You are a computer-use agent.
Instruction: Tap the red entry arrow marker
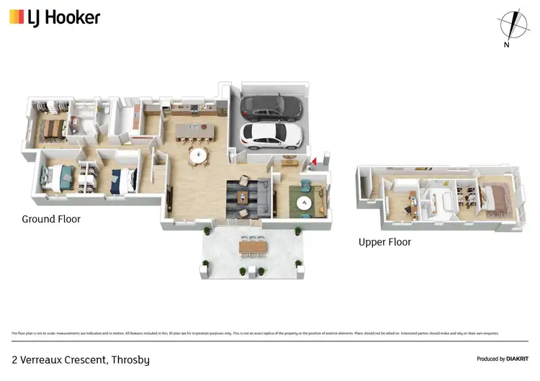tap(313, 161)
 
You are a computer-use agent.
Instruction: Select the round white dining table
tap(198, 154)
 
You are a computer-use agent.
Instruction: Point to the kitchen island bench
tap(192, 130)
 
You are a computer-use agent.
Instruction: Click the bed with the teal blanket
tap(58, 176)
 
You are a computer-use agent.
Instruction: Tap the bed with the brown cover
tap(53, 128)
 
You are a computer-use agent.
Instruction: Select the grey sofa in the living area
tap(264, 193)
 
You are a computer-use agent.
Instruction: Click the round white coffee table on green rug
tap(305, 204)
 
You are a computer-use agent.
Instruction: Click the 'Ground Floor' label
tap(51, 219)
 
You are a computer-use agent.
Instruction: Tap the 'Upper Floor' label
tap(384, 242)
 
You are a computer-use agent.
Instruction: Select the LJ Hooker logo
tap(55, 17)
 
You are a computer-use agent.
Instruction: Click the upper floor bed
tap(495, 199)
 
